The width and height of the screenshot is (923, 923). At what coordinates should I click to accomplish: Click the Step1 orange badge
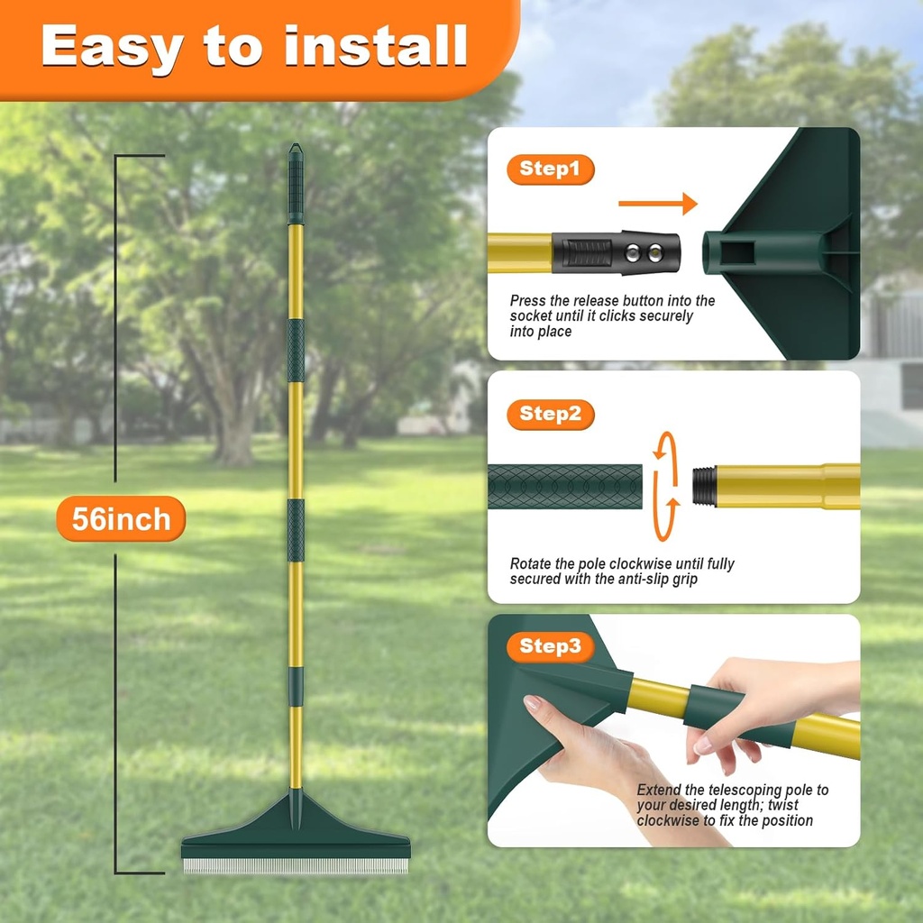550,169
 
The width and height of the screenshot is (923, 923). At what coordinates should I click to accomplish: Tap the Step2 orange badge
550,415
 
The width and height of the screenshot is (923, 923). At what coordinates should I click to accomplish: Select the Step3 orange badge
550,646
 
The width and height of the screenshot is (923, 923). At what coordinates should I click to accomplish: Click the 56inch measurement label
121,519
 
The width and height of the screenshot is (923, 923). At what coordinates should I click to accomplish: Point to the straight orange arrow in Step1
657,204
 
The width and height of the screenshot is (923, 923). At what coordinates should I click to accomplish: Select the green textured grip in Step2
564,486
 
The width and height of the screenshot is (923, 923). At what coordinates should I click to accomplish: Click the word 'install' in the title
376,46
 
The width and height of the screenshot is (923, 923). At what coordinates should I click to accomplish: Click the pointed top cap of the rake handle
296,153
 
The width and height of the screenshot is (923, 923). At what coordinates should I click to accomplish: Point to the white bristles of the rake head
296,866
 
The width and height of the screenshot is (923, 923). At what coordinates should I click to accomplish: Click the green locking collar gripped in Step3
712,708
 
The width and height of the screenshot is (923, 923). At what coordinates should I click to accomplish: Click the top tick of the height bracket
140,156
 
